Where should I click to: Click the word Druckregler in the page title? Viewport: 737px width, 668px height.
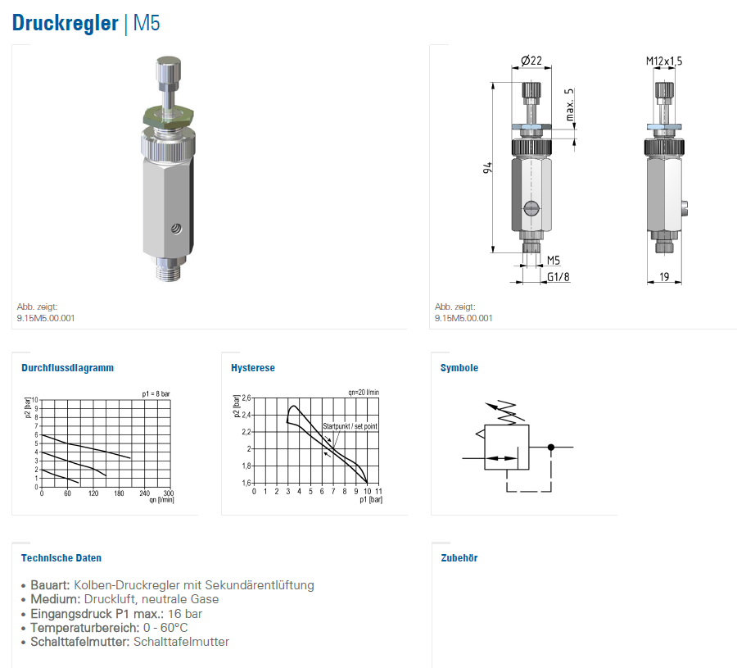tap(65, 23)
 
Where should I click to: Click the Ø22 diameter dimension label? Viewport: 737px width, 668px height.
tap(531, 61)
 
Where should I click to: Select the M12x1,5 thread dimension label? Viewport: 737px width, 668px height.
tap(663, 61)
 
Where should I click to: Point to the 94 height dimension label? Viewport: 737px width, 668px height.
tap(487, 167)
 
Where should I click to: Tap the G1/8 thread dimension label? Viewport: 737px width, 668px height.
tap(558, 277)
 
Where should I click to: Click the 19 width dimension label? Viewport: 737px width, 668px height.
tap(664, 276)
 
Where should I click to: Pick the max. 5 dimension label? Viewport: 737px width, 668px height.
tap(570, 104)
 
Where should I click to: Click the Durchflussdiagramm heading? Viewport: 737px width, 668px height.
tap(68, 368)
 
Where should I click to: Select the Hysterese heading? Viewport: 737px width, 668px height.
tap(253, 368)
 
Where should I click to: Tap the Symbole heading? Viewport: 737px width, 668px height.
tap(459, 368)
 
